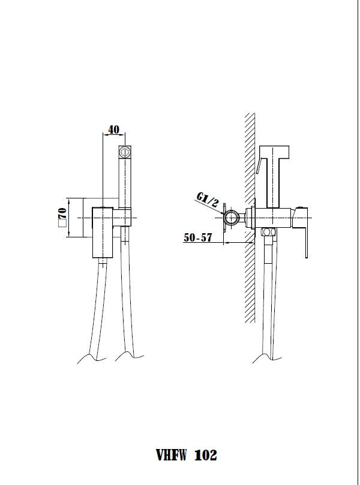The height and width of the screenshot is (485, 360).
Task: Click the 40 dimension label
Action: [113, 129]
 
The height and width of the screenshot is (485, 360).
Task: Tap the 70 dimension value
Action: [62, 212]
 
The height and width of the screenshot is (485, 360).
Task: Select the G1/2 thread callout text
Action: [208, 200]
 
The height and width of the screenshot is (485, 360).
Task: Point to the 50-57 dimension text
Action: [198, 237]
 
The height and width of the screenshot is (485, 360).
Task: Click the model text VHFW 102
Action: [187, 455]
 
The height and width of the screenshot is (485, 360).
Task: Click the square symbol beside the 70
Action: [62, 224]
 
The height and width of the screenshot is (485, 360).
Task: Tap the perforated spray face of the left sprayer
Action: [125, 152]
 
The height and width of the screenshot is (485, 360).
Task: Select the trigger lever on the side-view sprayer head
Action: [259, 166]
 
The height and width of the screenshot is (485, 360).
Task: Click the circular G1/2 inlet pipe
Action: [232, 218]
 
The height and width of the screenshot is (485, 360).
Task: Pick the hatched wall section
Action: [250, 218]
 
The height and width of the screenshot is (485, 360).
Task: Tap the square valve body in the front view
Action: [103, 233]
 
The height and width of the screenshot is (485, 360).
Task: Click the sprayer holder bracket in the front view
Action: [122, 218]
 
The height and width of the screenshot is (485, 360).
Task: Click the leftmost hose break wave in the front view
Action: [92, 359]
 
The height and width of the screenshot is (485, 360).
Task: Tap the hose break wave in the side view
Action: [267, 359]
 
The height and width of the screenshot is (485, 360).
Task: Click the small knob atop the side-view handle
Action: [301, 206]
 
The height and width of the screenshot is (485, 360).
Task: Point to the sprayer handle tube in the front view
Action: [125, 182]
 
